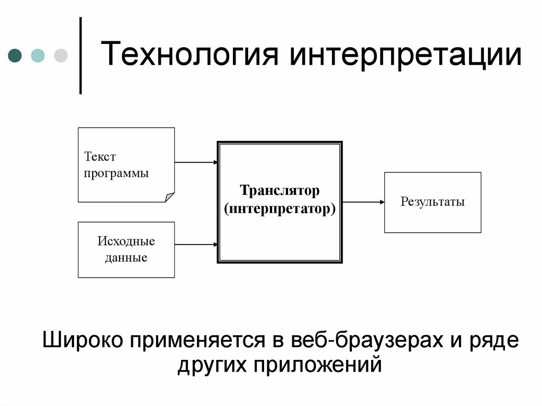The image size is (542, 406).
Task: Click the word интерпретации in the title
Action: (x=405, y=56)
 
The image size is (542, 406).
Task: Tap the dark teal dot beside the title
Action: (x=15, y=56)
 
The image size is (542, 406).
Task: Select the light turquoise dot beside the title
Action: (x=38, y=56)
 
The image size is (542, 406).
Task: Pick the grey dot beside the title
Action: (x=61, y=56)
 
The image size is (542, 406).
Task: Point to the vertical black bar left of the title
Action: (x=80, y=56)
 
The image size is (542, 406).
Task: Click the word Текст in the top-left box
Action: (x=100, y=157)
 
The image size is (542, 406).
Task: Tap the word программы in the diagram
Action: (x=116, y=173)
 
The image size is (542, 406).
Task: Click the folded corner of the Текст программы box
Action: (x=169, y=197)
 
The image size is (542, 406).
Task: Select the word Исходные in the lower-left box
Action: (x=126, y=241)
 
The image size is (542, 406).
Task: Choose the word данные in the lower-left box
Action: (x=126, y=258)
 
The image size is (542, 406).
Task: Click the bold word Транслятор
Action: (x=279, y=190)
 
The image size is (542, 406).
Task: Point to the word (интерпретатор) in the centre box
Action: (x=279, y=208)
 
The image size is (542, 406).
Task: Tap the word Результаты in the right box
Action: (x=432, y=202)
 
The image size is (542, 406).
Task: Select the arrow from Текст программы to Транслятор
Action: (x=196, y=162)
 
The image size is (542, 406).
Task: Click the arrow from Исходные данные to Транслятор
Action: (x=196, y=245)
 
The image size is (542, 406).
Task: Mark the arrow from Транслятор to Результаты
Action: (x=363, y=202)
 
